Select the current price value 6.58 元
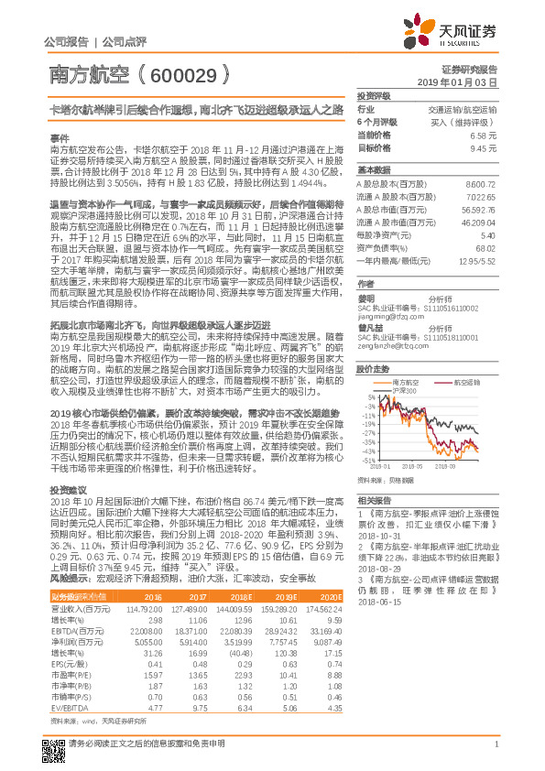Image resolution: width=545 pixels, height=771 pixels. tap(483, 135)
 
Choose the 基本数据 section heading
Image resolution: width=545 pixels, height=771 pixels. tap(373, 170)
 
